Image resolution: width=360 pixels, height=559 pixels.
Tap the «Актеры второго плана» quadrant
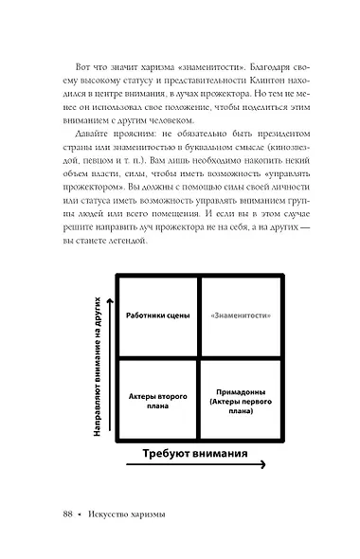156,399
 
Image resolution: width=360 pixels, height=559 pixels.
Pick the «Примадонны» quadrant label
240,399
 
